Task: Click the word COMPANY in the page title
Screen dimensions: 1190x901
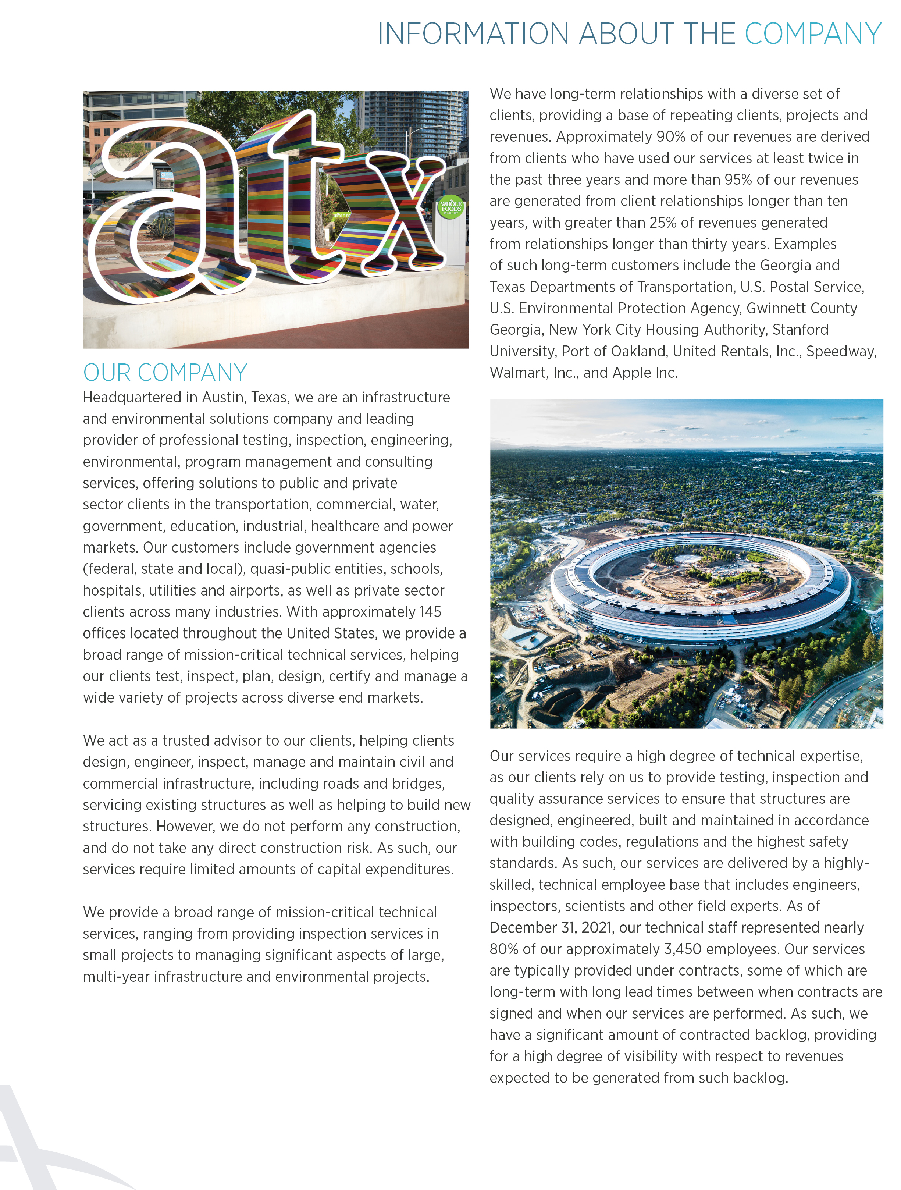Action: [x=812, y=34]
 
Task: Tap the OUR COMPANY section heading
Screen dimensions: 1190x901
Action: [x=165, y=372]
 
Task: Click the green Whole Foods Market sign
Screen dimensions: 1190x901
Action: [x=451, y=207]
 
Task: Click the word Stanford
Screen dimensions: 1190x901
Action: [x=800, y=330]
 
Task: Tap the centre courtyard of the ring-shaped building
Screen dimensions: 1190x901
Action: [x=699, y=573]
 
